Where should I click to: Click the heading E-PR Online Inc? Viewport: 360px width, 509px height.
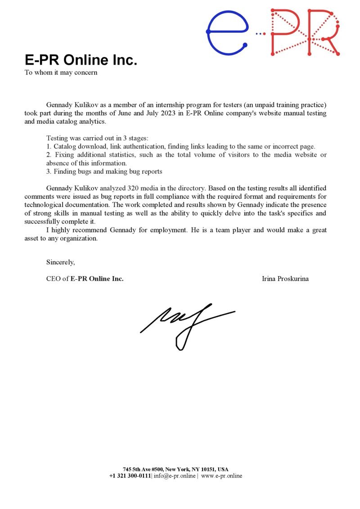81,60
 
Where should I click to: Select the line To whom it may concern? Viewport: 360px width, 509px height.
61,72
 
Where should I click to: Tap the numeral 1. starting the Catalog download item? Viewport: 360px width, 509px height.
49,147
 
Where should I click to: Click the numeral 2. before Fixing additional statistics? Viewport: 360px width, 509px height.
49,155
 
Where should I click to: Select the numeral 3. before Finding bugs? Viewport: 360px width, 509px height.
49,171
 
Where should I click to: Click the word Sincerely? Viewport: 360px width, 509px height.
61,262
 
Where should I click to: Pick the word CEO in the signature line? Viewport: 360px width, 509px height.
54,279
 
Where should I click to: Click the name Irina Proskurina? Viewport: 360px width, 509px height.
285,279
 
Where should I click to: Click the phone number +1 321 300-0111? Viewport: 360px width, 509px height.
130,476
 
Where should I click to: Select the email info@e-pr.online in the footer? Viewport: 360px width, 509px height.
175,476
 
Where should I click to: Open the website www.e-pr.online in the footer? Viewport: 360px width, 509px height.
221,476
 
